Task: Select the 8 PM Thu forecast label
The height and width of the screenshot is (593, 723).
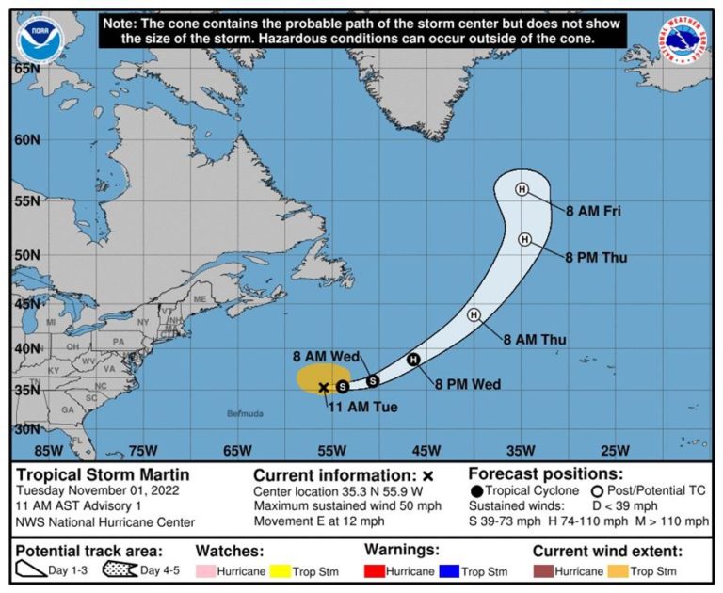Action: [x=596, y=256]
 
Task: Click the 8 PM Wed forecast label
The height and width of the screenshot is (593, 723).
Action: [x=468, y=383]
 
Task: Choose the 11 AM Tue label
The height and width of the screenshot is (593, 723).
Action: [x=363, y=407]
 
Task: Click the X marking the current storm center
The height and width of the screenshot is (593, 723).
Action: [x=324, y=387]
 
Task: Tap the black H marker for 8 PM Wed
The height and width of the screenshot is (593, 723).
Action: [x=412, y=360]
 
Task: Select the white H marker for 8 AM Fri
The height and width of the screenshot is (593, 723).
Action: [x=522, y=189]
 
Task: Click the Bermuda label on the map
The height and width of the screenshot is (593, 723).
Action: [x=245, y=413]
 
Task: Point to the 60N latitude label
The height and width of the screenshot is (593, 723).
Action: [x=26, y=139]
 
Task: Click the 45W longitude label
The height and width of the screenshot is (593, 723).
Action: [x=426, y=449]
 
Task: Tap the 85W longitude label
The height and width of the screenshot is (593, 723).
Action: [x=48, y=449]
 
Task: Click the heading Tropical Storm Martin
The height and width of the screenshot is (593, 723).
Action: [x=103, y=474]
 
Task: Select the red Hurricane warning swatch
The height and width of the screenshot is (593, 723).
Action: [x=380, y=571]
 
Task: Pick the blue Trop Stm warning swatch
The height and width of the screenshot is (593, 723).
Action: [x=451, y=571]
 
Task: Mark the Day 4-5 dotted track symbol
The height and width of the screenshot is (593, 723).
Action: [x=120, y=571]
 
